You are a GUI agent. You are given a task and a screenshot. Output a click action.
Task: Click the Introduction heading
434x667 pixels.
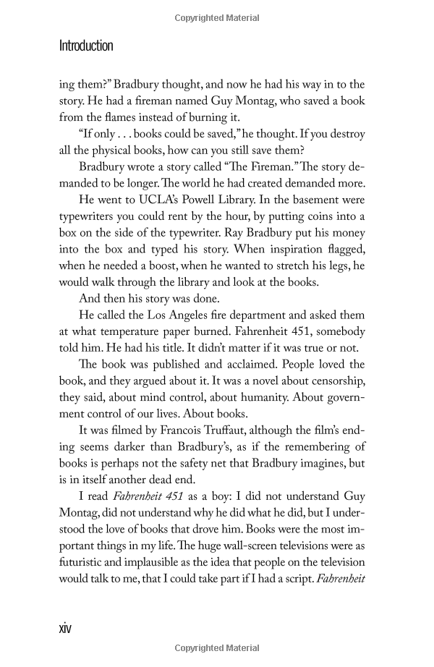pyautogui.click(x=86, y=46)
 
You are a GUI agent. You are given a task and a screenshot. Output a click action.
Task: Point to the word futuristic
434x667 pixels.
pyautogui.click(x=85, y=563)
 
